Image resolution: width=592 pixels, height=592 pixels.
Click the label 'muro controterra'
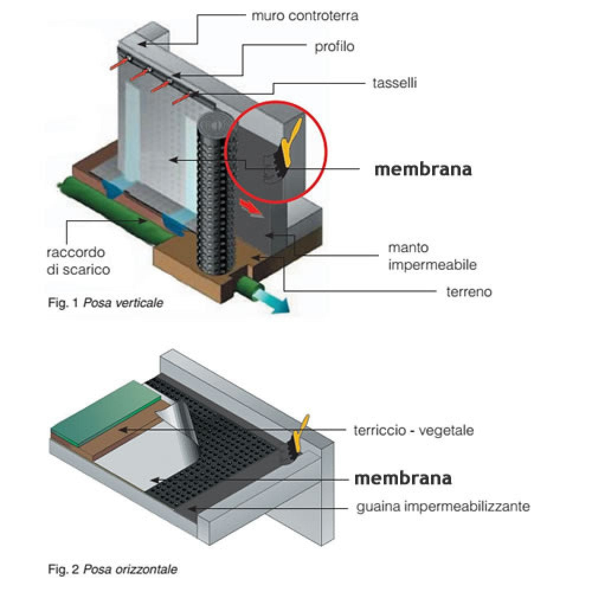[304, 16]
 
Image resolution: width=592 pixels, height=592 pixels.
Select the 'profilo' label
[334, 46]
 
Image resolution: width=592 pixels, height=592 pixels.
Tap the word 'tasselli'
[395, 83]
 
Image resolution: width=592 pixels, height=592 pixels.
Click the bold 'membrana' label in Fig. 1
[423, 169]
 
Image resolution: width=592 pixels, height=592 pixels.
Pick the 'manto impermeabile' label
[432, 256]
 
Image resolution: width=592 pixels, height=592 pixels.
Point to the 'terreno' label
[469, 291]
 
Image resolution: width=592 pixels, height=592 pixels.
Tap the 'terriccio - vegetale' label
[414, 430]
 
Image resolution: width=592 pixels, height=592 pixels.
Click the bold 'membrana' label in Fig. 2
[403, 478]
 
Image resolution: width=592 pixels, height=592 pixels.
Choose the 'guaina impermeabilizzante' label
[443, 507]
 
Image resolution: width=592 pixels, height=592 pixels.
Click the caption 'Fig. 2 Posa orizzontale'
[112, 570]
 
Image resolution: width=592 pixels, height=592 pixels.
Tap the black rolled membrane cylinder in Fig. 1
[212, 195]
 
